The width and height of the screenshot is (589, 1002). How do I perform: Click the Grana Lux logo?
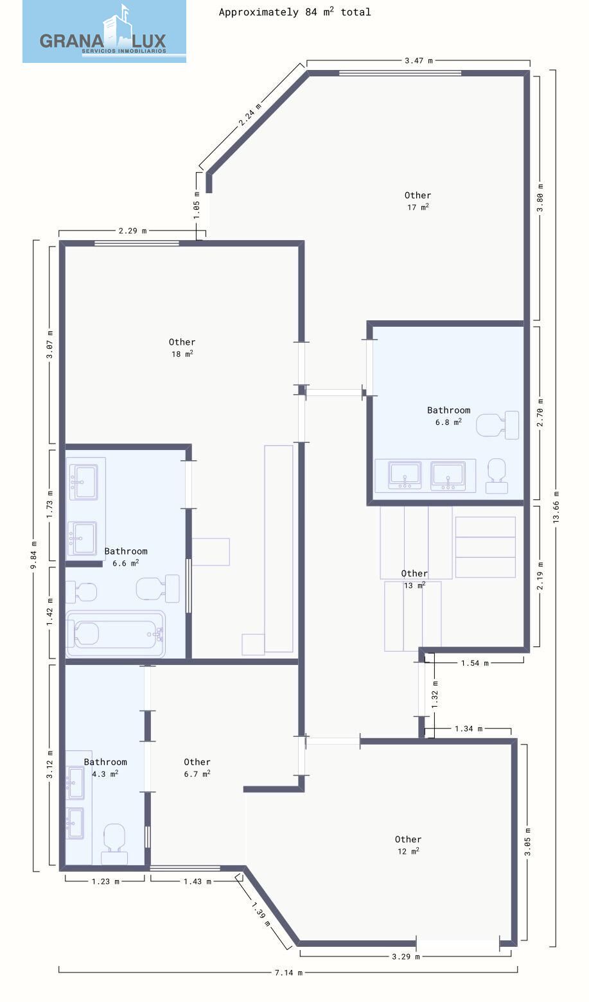tap(104, 31)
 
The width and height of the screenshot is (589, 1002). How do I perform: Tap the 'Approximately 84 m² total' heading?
tap(294, 12)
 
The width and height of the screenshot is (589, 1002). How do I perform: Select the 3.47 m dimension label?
tap(419, 60)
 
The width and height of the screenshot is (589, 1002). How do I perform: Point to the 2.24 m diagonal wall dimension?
tap(250, 115)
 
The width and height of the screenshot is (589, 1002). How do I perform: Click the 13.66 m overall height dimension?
tap(556, 507)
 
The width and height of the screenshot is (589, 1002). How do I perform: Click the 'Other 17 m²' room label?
tap(418, 201)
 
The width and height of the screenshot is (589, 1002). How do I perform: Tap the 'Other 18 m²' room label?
tap(182, 347)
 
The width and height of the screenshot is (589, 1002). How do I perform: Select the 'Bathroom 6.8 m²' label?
tap(448, 415)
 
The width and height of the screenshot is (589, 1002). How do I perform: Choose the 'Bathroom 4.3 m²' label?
tap(105, 768)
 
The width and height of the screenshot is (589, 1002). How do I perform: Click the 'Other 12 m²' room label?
tap(408, 845)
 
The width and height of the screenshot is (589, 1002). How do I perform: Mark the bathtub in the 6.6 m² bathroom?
tap(116, 634)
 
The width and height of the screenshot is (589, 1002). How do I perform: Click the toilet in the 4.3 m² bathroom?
tap(114, 844)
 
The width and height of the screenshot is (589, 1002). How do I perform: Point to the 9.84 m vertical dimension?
tap(33, 556)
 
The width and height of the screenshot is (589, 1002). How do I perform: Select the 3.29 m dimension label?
tap(405, 956)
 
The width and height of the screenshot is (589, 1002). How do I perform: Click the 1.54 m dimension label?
tap(475, 663)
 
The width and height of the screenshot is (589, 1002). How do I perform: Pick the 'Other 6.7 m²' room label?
tap(197, 768)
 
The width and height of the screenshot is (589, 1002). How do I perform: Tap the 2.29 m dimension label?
tap(132, 231)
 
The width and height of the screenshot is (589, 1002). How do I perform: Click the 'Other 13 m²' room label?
tap(414, 579)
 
